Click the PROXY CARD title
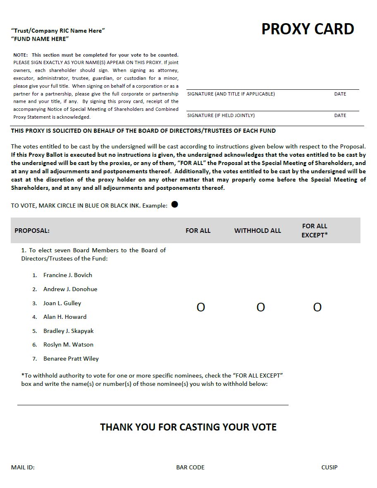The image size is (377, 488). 308,29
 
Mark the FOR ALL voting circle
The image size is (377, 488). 200,307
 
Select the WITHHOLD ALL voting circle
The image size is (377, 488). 260,307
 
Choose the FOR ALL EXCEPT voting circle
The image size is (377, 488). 317,307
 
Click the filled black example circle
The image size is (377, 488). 174,204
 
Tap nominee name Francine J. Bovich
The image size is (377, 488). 68,275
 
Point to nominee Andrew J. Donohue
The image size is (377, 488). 70,289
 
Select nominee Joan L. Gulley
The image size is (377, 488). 62,303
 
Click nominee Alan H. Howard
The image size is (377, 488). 65,317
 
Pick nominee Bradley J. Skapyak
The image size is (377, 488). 68,331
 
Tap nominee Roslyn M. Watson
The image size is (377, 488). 68,344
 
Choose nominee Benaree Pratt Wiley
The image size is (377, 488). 71,359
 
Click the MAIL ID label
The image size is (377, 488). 23,467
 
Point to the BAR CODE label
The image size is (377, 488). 190,467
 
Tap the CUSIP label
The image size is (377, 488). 329,467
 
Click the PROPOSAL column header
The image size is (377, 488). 32,231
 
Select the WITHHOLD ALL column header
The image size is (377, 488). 258,231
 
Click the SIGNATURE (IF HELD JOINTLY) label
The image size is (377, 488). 221,115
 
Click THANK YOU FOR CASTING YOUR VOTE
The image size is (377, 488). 188,427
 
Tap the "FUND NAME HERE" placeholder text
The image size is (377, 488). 40,39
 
